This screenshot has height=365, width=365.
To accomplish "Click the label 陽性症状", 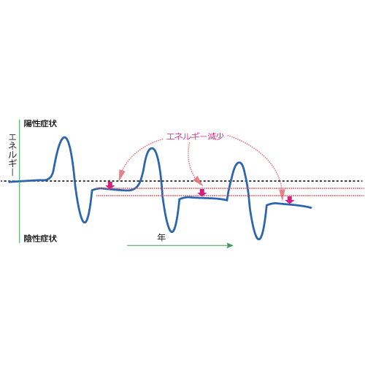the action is tap(40, 123).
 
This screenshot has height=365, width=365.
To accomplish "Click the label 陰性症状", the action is tap(40, 238).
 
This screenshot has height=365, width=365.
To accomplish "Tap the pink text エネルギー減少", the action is tap(195, 137).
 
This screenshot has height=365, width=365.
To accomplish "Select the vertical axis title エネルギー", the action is tap(12, 155).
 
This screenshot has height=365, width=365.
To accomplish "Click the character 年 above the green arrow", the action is tap(161, 237).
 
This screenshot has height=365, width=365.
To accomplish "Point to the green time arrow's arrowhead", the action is tap(230, 245).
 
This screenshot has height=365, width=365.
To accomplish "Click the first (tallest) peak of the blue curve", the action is tap(64, 137).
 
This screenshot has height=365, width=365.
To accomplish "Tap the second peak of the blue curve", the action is tap(152, 148).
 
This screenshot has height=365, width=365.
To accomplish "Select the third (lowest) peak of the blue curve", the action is tap(239, 163).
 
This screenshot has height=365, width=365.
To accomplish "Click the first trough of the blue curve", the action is tap(84, 222).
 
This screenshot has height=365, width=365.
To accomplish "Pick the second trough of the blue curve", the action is tap(172, 231).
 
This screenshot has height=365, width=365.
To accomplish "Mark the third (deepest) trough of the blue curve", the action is tap(258, 239).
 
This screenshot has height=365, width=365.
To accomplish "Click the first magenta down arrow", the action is tap(110, 185).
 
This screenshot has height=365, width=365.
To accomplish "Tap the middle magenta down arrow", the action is tap(202, 193).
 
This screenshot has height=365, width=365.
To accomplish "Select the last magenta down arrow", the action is tap(289, 200).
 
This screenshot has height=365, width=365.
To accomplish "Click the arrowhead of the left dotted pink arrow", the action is tap(121, 175).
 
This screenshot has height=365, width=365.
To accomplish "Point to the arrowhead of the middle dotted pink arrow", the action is tap(198, 181).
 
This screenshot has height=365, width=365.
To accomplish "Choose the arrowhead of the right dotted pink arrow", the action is tap(282, 194).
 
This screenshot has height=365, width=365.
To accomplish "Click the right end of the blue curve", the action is tap(311, 207).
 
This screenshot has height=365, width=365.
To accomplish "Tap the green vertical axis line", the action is tap(19, 181).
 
